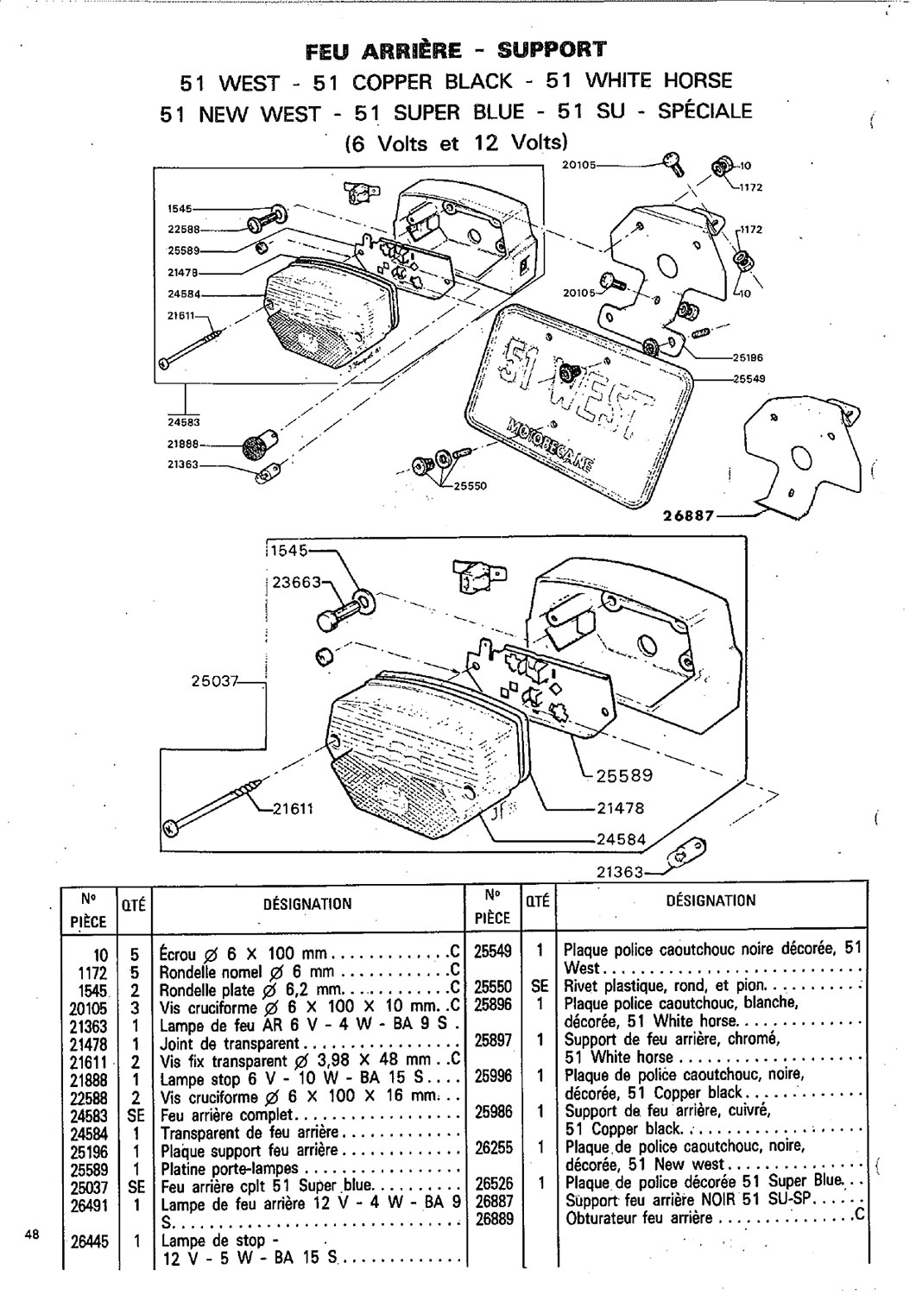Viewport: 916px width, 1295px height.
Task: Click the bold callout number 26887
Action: (x=688, y=515)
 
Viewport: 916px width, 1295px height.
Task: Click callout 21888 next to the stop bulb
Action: (x=183, y=445)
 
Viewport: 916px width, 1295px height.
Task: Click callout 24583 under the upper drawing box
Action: (x=183, y=422)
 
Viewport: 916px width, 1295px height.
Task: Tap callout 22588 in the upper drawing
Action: (x=183, y=229)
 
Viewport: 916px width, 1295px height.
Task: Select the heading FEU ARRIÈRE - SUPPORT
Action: (x=457, y=49)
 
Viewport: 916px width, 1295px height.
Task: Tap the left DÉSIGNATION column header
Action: (x=306, y=904)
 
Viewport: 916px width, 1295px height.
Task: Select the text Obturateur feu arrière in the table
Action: (x=639, y=1218)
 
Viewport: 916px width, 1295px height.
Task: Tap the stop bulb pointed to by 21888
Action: (x=254, y=447)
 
